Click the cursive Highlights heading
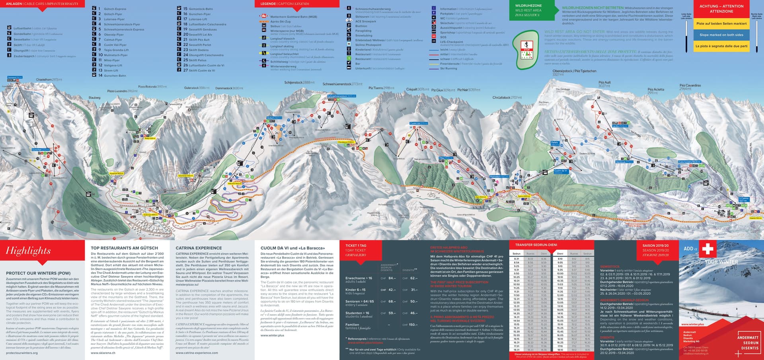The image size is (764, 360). pos(28,251)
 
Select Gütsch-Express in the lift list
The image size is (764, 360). pos(115,9)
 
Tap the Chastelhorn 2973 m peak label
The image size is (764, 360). pos(49,80)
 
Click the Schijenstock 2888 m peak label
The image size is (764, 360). pos(299,82)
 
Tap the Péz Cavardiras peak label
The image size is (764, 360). pos(690,86)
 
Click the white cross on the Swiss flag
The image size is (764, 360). pos(707,249)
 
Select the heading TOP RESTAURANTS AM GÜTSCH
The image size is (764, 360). pos(124,248)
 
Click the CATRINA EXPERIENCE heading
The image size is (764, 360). pos(199,248)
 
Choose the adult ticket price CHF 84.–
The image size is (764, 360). pos(392,278)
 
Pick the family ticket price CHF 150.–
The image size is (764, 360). pos(413,325)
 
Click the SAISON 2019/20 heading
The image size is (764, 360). pos(655,245)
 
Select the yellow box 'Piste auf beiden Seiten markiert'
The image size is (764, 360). pos(721,23)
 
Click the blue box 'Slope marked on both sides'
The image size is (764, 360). pos(721,35)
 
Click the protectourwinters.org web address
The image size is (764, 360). pos(22,353)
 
